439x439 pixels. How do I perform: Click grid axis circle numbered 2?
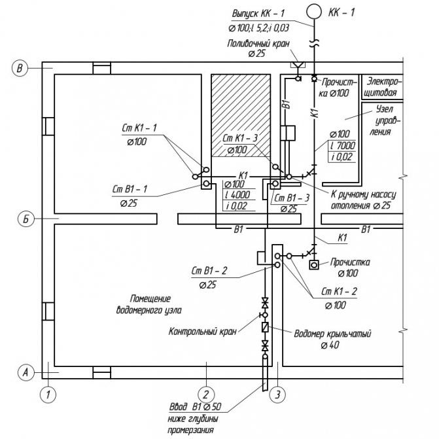206,394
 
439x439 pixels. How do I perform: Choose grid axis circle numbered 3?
277,394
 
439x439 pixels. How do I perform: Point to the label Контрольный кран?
193,332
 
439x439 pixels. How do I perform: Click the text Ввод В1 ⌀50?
196,406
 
